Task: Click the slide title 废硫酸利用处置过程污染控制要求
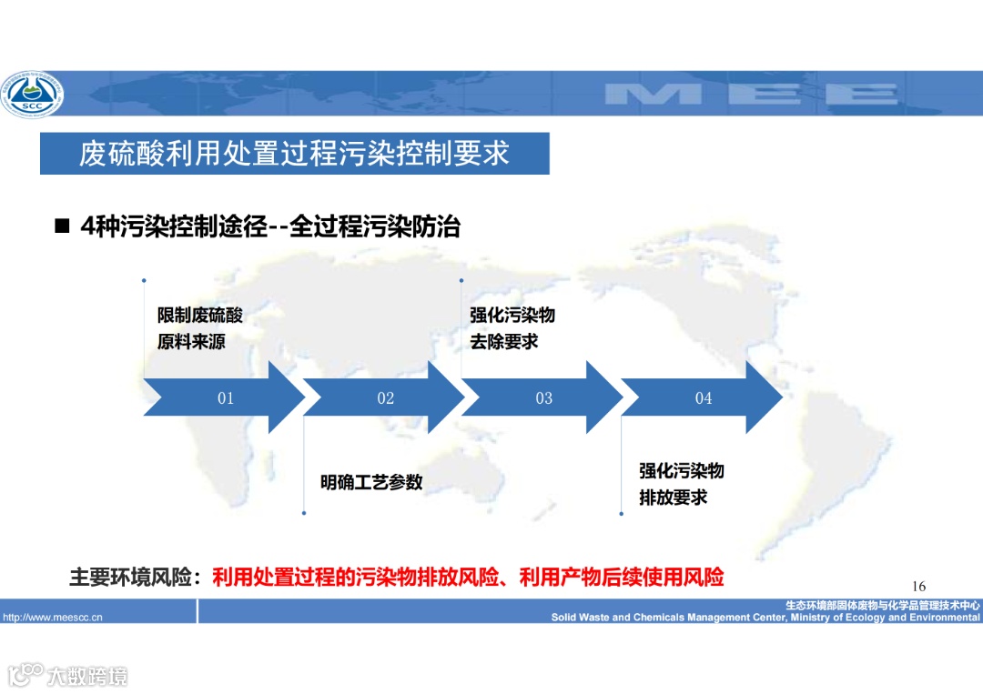point(294,153)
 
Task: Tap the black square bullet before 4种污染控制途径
point(62,226)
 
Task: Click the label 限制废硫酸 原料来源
point(200,328)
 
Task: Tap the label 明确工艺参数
point(371,482)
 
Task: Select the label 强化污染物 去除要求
point(512,328)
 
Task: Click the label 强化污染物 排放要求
point(682,484)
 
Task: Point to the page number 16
point(918,586)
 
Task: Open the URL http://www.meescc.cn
point(53,618)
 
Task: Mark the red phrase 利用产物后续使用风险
point(622,578)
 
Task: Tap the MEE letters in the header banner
point(751,93)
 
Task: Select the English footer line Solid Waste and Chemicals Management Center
point(765,618)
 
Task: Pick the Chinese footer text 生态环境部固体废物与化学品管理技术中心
point(883,605)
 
